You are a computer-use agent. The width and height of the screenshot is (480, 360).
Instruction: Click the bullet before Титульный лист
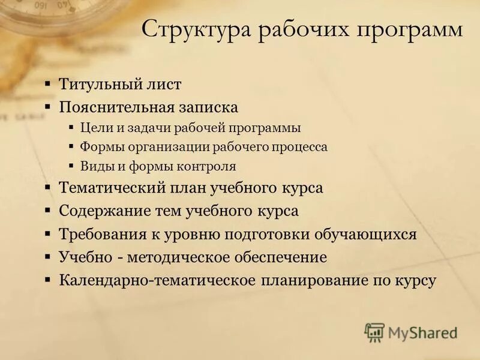tap(47, 84)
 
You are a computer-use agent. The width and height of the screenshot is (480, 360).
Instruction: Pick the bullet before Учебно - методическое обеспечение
tap(47, 257)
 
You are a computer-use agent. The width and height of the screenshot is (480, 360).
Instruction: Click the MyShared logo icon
tap(375, 332)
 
